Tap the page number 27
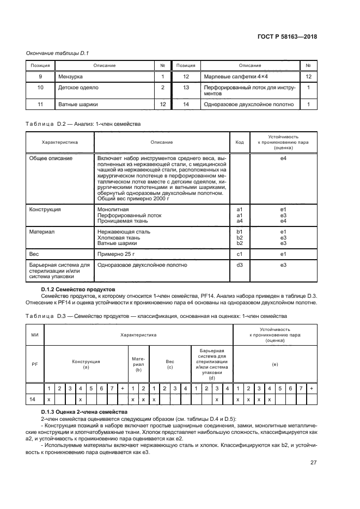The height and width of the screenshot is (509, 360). [313, 463]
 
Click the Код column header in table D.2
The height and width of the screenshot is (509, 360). [239, 142]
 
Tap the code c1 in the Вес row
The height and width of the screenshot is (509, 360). [239, 254]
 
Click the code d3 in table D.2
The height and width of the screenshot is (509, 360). [239, 265]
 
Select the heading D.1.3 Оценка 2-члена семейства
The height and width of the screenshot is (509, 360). [84, 412]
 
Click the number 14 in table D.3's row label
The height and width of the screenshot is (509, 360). [32, 400]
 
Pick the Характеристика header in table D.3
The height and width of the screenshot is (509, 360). [138, 335]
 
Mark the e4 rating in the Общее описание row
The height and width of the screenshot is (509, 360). [283, 158]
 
